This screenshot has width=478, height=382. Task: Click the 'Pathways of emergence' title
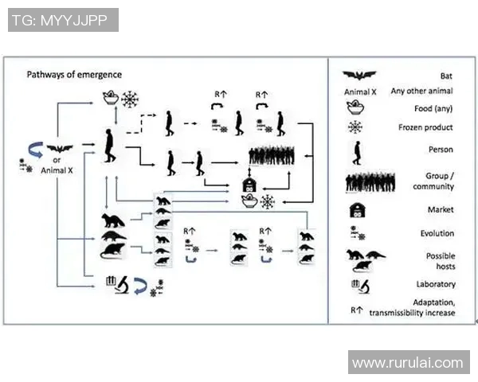74,75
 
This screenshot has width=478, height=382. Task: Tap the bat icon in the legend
359,75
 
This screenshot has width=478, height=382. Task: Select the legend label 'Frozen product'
425,127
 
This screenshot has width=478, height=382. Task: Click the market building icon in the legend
357,210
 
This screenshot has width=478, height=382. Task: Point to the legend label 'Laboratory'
436,284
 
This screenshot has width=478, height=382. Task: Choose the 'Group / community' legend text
433,181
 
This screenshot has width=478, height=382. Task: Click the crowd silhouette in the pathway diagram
272,156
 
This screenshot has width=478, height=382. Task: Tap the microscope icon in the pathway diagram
122,285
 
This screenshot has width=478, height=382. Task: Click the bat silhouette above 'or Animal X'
60,149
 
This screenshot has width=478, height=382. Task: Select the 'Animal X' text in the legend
360,92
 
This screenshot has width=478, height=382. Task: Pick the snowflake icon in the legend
355,127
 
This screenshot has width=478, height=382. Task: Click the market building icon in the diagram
249,185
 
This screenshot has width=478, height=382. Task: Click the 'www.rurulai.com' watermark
408,363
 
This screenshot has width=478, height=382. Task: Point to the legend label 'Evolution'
437,233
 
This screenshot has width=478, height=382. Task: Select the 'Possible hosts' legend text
441,261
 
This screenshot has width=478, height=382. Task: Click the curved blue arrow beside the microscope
140,286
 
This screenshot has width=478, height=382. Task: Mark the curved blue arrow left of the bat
36,150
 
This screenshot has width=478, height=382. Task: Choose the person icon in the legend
357,153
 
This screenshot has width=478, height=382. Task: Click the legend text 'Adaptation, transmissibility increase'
412,308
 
